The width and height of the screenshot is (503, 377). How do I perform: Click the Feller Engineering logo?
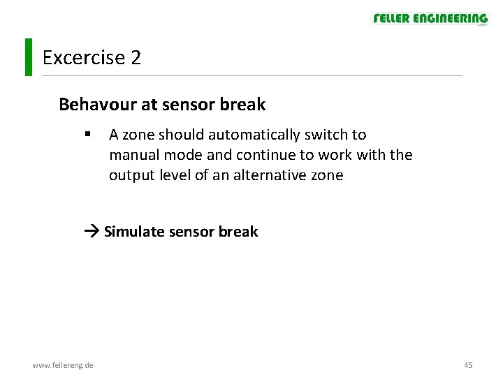coord(430,19)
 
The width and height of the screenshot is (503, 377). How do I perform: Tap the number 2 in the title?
coord(136,57)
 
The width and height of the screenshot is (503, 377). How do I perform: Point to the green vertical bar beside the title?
coord(28,57)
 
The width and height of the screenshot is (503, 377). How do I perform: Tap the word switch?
coord(328,134)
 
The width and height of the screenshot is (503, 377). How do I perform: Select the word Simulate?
coord(133,232)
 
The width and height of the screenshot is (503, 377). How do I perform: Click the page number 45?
coord(468,365)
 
